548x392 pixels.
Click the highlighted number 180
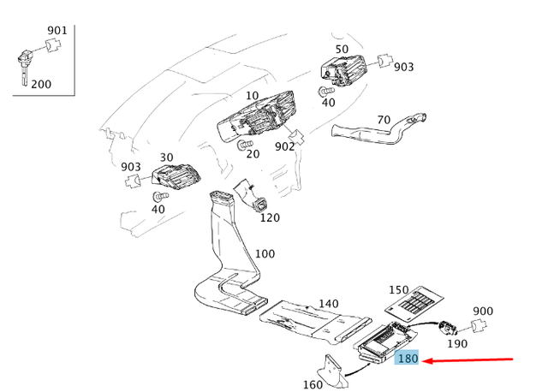pos(408,359)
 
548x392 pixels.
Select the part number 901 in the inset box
pos(57,31)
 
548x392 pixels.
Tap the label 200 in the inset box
pos(40,84)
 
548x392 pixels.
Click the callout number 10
pos(252,95)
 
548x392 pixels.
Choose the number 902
pos(284,146)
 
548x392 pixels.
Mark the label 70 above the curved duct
pos(383,119)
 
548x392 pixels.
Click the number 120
pos(270,217)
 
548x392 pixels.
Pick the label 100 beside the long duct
pos(265,254)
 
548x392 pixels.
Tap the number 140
pos(329,304)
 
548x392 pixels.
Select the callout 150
pos(399,290)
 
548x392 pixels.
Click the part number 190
pos(457,343)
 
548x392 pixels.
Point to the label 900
pos(483,311)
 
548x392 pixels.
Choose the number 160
pos(313,384)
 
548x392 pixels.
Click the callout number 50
pos(342,49)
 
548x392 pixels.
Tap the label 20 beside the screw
pos(252,153)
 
